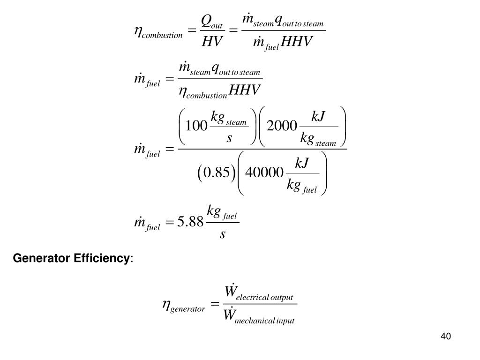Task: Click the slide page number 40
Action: coord(445,336)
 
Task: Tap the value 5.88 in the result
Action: coord(190,222)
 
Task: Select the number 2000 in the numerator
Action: coord(282,126)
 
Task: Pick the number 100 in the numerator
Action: coord(196,126)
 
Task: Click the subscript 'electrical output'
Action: coord(264,298)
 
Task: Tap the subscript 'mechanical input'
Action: coord(264,321)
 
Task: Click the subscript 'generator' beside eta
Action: coord(188,309)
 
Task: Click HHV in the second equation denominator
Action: coord(244,90)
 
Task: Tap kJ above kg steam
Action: coord(319,115)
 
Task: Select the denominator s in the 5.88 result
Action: coord(223,234)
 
